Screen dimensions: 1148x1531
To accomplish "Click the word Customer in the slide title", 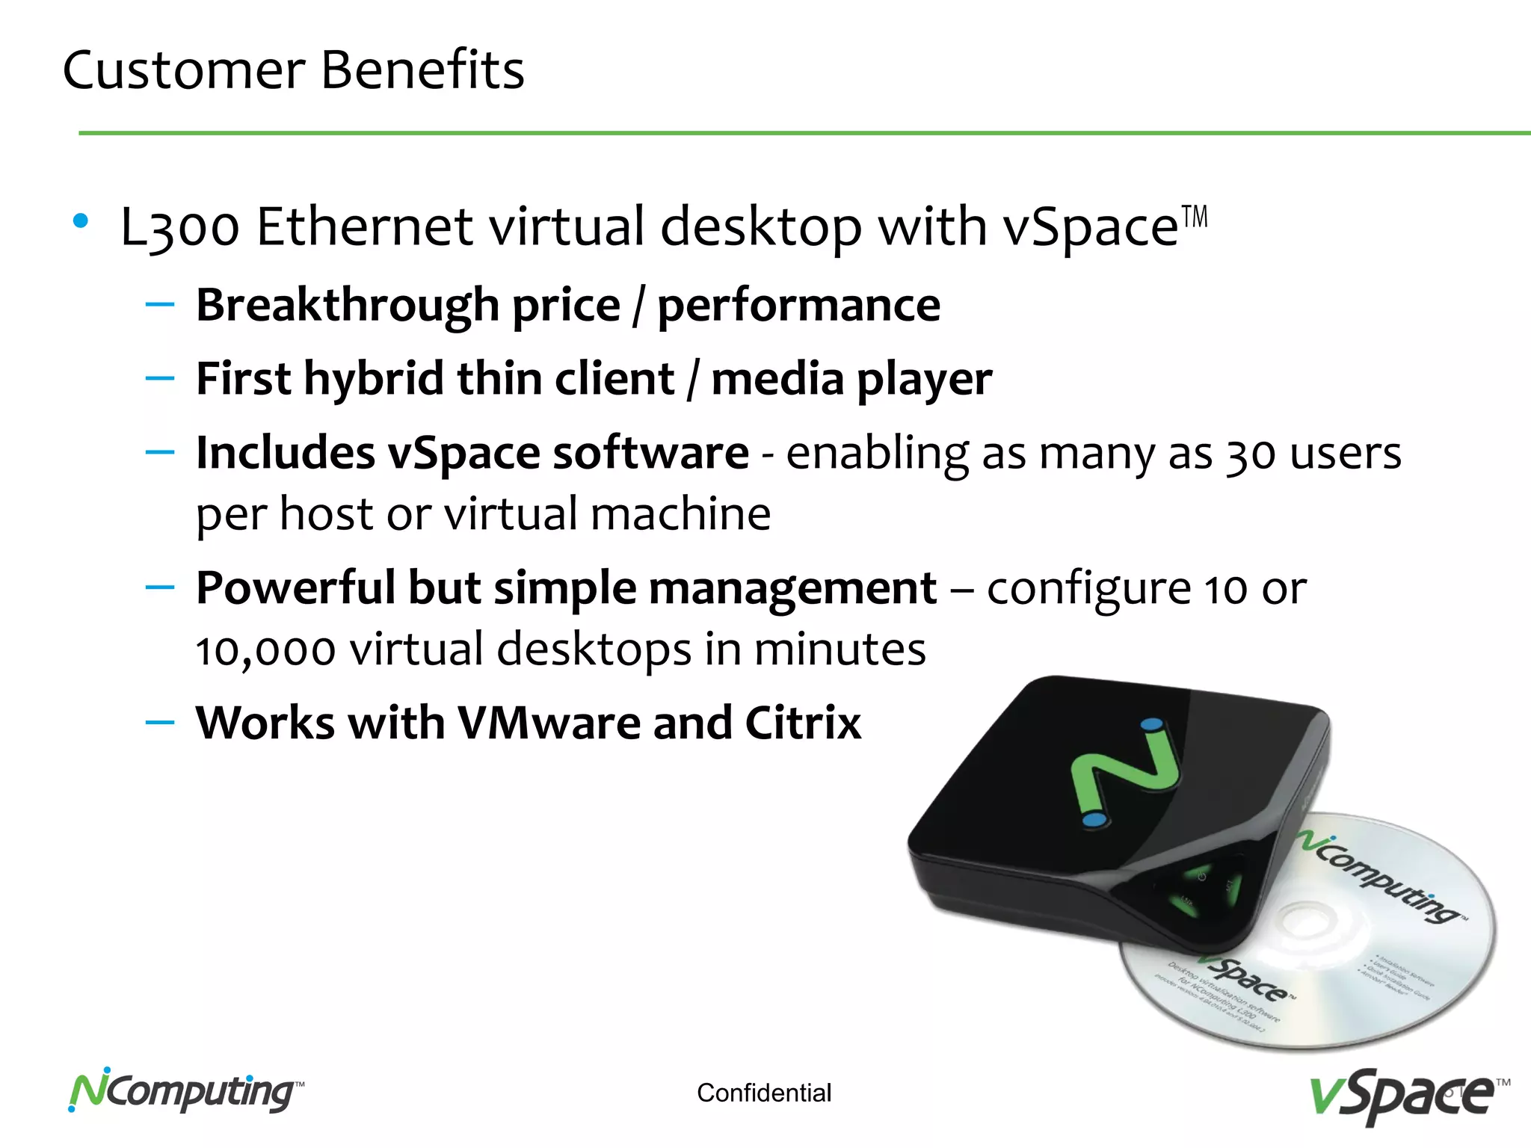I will point(184,70).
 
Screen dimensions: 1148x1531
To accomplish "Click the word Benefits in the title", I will point(422,70).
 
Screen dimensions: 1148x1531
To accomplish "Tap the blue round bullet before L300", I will point(81,221).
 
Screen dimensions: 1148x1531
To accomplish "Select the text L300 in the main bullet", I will point(180,227).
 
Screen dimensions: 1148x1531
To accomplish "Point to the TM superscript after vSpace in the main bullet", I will point(1195,217).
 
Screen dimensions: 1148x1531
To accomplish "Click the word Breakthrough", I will point(348,306).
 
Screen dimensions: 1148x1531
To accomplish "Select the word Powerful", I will point(295,588).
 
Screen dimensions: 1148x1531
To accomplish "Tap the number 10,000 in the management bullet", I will point(265,649).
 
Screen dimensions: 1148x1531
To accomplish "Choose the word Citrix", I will point(803,723).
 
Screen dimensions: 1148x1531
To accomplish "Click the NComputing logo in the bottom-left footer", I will point(185,1092).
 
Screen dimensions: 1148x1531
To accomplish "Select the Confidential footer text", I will point(764,1093).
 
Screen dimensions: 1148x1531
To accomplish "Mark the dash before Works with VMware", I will point(160,723).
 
